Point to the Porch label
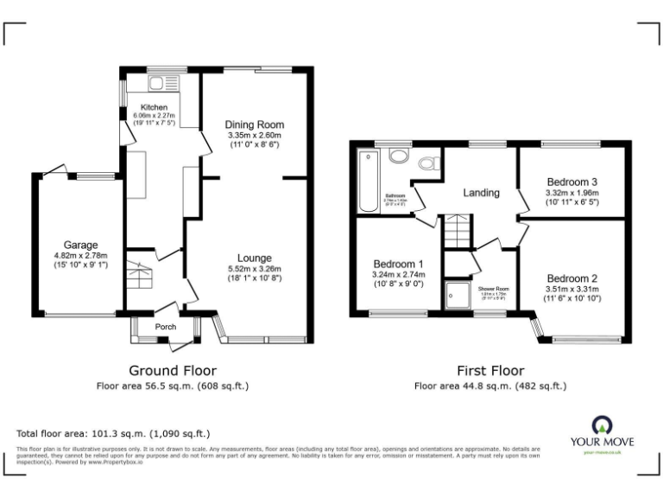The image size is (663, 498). [165, 328]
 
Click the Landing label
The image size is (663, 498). [481, 193]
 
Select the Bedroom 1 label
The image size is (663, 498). [398, 264]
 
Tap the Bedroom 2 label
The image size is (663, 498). [571, 278]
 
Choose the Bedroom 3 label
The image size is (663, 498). [571, 182]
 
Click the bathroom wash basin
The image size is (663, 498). [399, 156]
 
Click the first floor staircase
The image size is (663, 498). [454, 233]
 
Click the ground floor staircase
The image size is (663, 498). [138, 276]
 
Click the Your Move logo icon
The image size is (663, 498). [601, 425]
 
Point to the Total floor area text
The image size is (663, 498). [113, 433]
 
